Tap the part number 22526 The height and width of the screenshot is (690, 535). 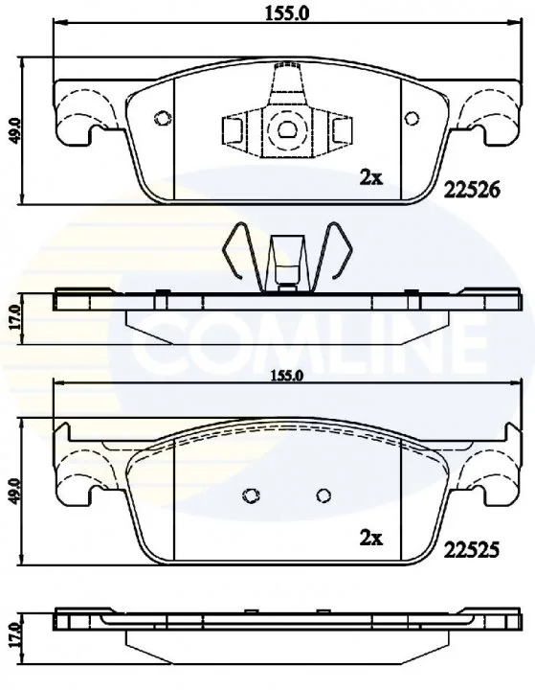[472, 190]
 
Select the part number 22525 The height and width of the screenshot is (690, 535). [472, 549]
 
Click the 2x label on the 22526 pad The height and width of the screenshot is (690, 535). [371, 178]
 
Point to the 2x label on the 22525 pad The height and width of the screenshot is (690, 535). [371, 538]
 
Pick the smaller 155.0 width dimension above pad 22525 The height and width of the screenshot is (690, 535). [286, 377]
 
